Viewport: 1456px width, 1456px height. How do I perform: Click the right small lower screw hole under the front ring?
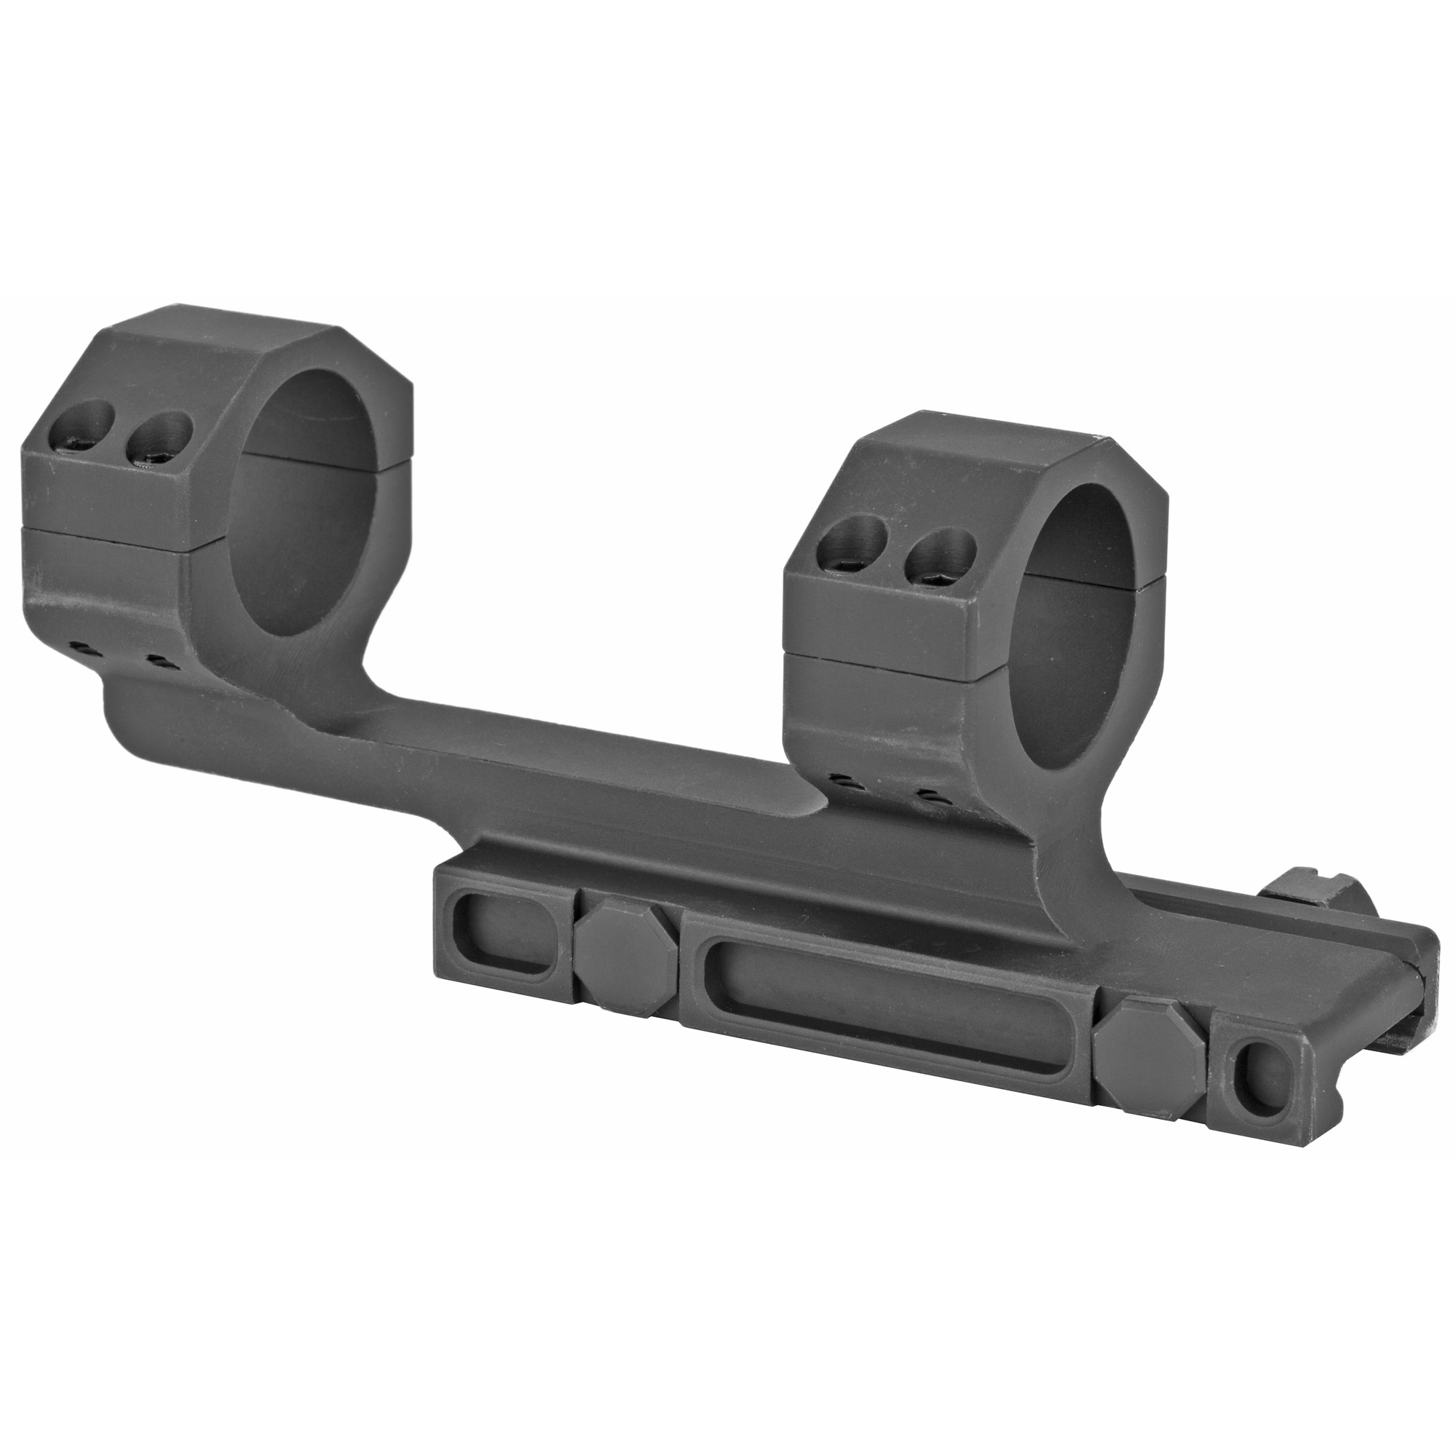coord(929,795)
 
